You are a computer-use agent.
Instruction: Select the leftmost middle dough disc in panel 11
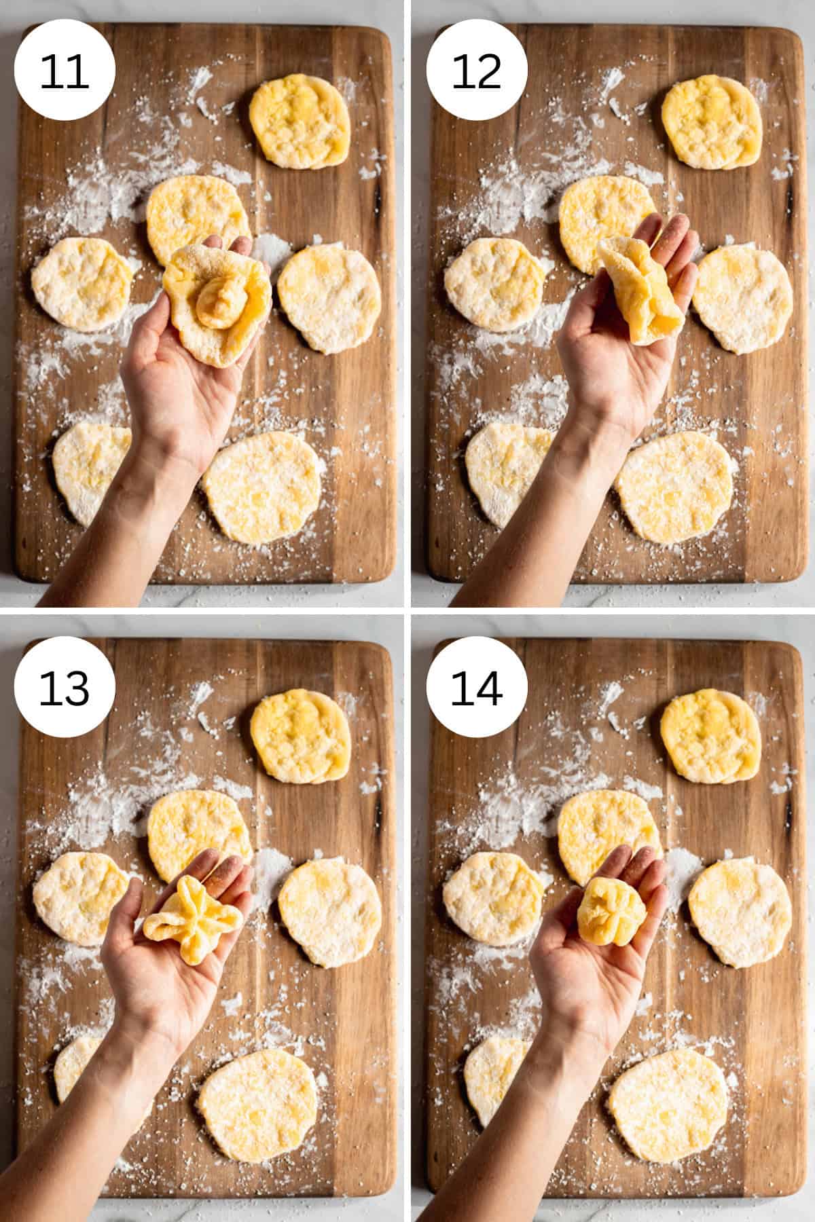pyautogui.click(x=81, y=284)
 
